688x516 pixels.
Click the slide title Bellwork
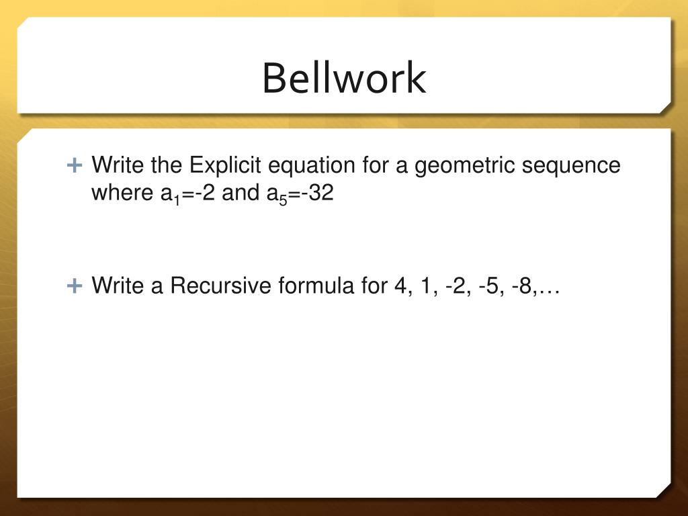pyautogui.click(x=344, y=79)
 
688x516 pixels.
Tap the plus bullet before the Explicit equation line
pyautogui.click(x=75, y=165)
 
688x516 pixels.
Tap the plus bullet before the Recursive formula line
pyautogui.click(x=75, y=286)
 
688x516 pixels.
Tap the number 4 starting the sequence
pyautogui.click(x=400, y=286)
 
